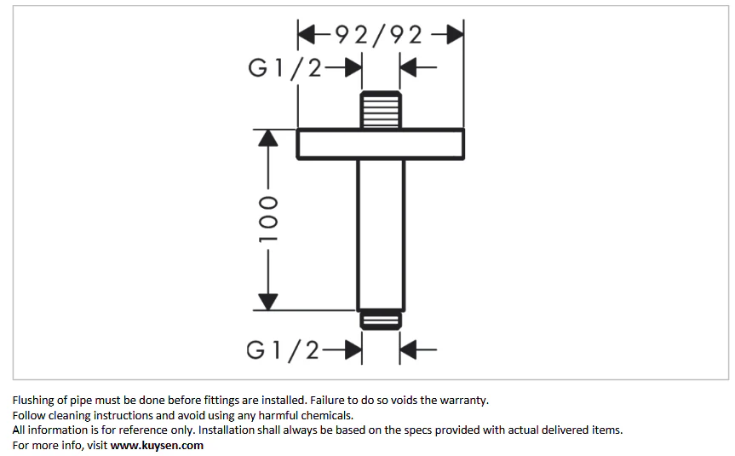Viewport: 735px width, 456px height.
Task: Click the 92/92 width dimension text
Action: point(379,35)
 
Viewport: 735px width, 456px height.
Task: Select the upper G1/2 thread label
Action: point(284,68)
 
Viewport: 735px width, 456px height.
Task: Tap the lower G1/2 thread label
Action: point(283,350)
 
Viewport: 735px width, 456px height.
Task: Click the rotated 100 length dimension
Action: point(268,219)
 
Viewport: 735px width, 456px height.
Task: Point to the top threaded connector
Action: point(381,109)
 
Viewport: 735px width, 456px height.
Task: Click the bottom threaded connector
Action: point(381,320)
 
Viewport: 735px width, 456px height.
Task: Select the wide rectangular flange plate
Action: point(381,144)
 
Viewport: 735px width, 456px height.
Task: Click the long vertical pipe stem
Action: point(381,235)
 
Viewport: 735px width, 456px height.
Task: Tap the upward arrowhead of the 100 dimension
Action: point(268,138)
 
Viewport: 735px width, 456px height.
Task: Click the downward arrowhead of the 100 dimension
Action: point(268,302)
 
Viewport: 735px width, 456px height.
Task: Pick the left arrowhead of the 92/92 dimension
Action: point(307,35)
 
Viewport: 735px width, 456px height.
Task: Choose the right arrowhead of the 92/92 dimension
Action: point(455,35)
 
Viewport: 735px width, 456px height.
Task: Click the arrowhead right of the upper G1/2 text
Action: point(353,67)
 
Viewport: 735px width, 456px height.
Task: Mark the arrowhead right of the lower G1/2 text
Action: point(353,349)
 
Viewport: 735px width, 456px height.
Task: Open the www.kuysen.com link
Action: point(157,445)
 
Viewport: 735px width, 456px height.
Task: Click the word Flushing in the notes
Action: point(33,401)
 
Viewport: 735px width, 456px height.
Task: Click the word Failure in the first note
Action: point(327,401)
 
